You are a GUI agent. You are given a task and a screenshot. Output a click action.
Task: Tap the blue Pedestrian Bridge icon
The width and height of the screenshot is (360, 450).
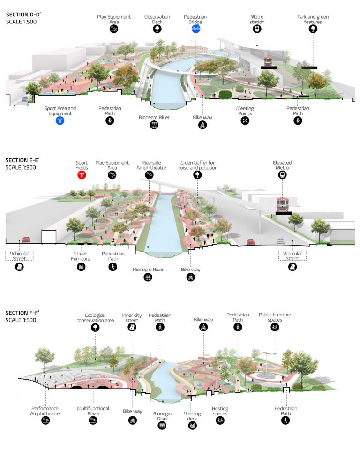pyautogui.click(x=195, y=29)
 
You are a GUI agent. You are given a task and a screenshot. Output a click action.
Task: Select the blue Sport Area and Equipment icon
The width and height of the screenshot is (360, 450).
pyautogui.click(x=60, y=120)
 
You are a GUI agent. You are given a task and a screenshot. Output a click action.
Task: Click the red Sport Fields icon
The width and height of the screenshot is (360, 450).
pyautogui.click(x=82, y=175)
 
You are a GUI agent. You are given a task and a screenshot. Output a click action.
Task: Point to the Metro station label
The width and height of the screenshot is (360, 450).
pyautogui.click(x=257, y=20)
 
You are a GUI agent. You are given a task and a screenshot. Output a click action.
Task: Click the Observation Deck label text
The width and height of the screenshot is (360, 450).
pyautogui.click(x=157, y=19)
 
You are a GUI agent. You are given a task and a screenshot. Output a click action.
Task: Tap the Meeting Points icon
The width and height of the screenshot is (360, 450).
pyautogui.click(x=245, y=121)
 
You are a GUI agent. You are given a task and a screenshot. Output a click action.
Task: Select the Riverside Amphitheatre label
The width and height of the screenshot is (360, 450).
pyautogui.click(x=150, y=165)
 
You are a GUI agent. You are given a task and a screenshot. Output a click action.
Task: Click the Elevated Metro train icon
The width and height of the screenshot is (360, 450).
pyautogui.click(x=282, y=175)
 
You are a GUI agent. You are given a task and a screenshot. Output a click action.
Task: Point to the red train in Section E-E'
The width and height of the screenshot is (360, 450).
pyautogui.click(x=282, y=203)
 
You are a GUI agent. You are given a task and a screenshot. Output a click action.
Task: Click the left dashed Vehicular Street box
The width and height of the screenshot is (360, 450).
pyautogui.click(x=19, y=256)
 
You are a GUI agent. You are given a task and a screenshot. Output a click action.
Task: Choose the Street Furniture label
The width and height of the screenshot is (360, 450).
pyautogui.click(x=81, y=256)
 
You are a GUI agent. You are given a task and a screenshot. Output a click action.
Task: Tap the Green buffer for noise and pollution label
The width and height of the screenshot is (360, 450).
pyautogui.click(x=199, y=165)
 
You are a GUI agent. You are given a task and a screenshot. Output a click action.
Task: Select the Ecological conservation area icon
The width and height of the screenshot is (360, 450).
pyautogui.click(x=96, y=328)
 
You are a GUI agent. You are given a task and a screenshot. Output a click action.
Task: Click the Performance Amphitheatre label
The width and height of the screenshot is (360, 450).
pyautogui.click(x=45, y=411)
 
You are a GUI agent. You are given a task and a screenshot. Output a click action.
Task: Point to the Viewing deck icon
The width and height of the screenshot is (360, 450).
pyautogui.click(x=192, y=426)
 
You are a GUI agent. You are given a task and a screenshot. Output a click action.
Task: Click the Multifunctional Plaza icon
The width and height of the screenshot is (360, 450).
pyautogui.click(x=93, y=421)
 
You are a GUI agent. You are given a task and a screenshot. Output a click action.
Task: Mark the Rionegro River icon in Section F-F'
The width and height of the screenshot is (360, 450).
pyautogui.click(x=162, y=426)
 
